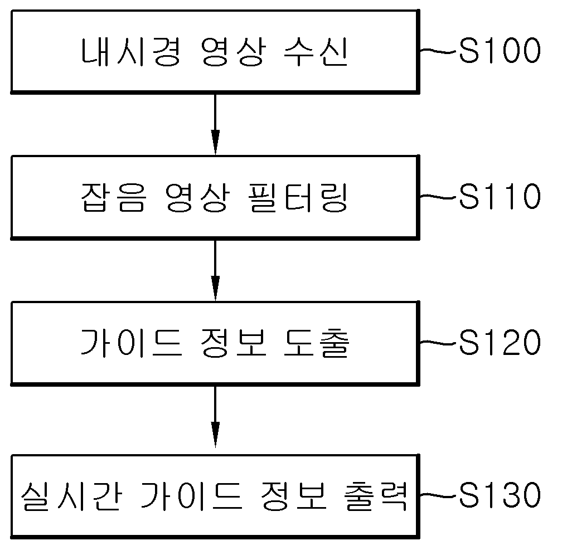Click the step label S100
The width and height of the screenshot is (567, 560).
pos(500,51)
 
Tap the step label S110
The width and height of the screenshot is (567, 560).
pos(500,196)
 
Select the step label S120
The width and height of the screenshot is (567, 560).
pos(500,342)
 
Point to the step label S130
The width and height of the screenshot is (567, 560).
pos(500,495)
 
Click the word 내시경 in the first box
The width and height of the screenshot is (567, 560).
pos(130,52)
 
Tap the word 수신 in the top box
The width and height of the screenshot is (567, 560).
pos(316,52)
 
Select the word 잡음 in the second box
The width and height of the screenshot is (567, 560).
pos(113,197)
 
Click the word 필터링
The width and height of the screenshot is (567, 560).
pos(298,197)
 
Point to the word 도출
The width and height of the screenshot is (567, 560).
pos(317,343)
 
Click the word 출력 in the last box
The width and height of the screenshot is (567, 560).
pos(376,496)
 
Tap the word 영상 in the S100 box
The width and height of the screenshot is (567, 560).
pos(234,52)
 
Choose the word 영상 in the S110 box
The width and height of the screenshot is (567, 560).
pos(197,197)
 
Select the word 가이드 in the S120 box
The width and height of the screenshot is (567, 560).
pos(130,343)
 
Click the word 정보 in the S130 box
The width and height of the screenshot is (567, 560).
pos(294,496)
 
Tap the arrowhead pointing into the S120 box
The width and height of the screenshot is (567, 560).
pos(215,288)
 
